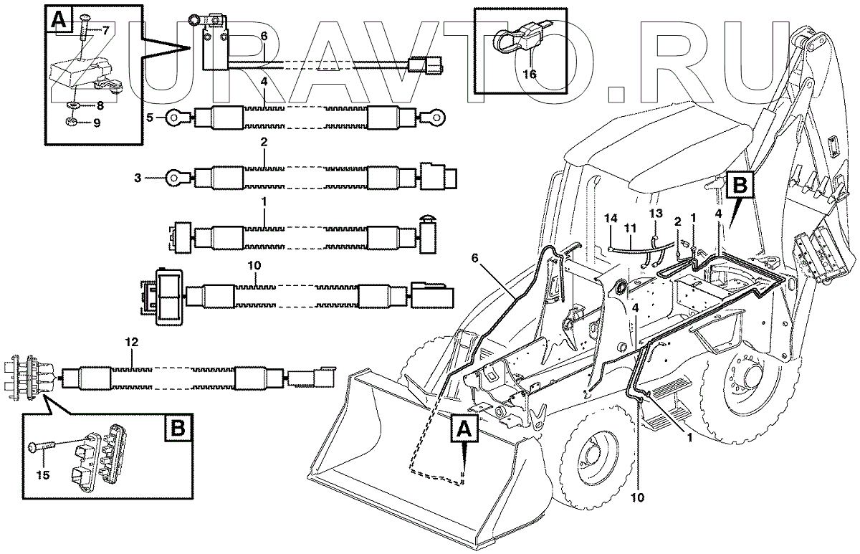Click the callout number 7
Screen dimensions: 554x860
pyautogui.click(x=105, y=30)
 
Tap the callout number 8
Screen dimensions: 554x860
pyautogui.click(x=99, y=105)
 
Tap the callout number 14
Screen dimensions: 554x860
pyautogui.click(x=610, y=217)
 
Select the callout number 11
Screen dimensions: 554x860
pyautogui.click(x=629, y=229)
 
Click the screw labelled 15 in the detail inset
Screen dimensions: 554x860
pyautogui.click(x=41, y=448)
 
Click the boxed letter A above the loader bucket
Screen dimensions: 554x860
pyautogui.click(x=462, y=430)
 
